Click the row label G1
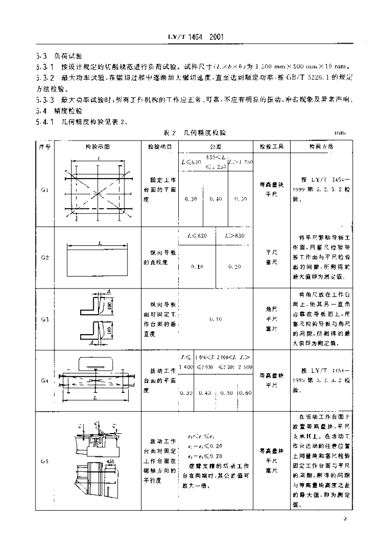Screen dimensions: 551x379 coord(45,190)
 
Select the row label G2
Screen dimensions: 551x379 coord(45,258)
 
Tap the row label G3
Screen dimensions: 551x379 coord(45,320)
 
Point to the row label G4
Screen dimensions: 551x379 coord(45,380)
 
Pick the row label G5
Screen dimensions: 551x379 coord(45,461)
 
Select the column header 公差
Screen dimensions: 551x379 coord(215,146)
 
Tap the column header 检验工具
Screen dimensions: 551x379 coord(271,146)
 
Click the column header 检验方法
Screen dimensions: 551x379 coord(321,146)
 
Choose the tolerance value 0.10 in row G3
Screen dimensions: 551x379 coord(215,319)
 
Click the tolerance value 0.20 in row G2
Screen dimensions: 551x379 coord(235,266)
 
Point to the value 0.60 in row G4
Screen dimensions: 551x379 coord(245,393)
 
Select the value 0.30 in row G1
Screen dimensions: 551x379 coord(189,199)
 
